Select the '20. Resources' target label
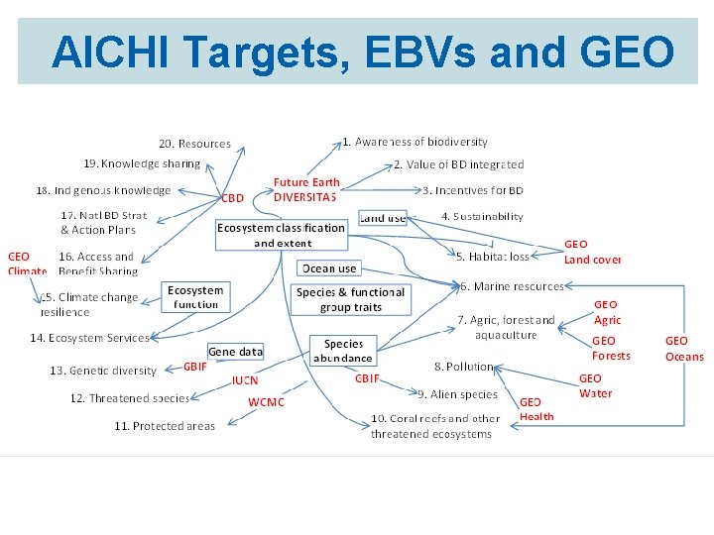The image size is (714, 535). coord(194,144)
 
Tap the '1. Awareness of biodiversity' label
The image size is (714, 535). coord(415,143)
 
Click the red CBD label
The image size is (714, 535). coord(232,197)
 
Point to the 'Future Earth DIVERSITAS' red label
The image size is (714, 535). coord(305,189)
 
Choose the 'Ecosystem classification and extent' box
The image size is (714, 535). coord(282,235)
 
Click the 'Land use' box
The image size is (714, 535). coord(382,217)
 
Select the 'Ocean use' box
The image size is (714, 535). coord(329,268)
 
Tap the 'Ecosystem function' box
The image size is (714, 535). coord(195,297)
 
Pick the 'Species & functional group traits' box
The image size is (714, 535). coord(350,299)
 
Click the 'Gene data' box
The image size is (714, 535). coord(235,352)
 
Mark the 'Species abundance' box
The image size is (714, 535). coord(343,351)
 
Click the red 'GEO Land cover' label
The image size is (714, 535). coord(592,252)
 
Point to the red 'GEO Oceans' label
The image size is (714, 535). coord(684,349)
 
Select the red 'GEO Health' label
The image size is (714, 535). coord(536,409)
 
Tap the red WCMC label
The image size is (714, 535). coord(266,402)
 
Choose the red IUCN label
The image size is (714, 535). coord(245,379)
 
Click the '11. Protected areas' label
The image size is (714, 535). coord(164,426)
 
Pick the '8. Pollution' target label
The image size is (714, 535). coord(463,367)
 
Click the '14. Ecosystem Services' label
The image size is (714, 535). coord(89,338)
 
